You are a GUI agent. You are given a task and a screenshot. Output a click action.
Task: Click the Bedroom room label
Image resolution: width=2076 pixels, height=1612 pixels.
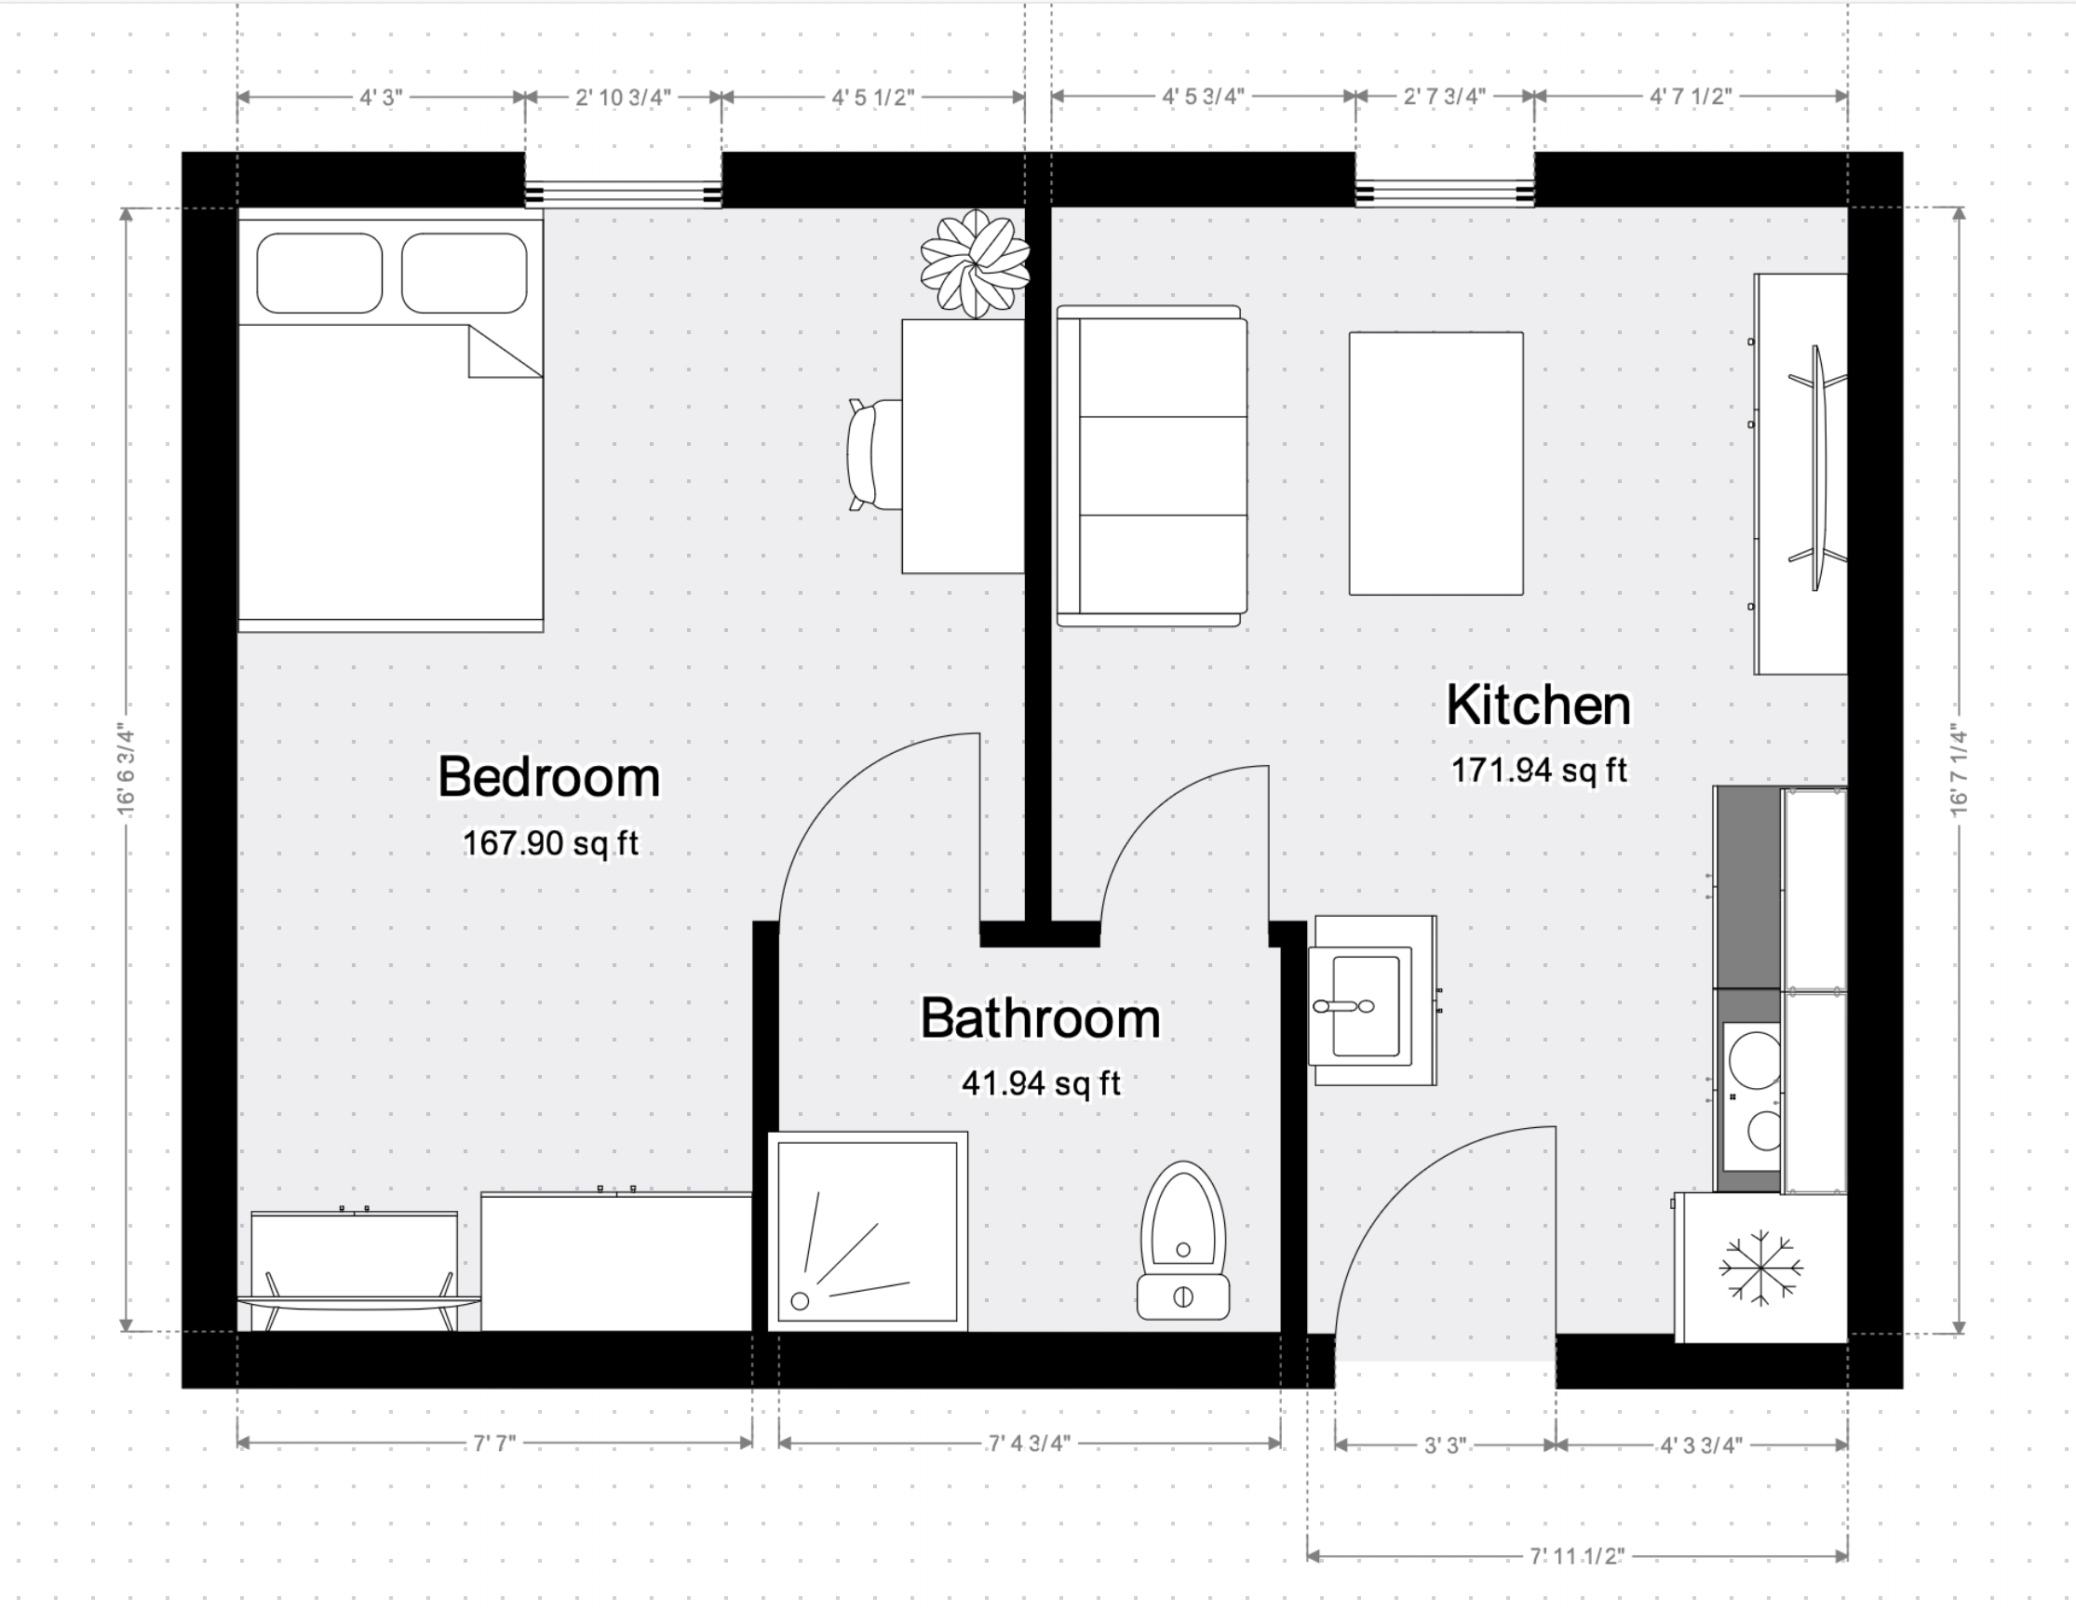click(548, 777)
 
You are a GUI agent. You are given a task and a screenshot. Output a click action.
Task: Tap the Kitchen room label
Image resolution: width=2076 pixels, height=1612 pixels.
click(1538, 705)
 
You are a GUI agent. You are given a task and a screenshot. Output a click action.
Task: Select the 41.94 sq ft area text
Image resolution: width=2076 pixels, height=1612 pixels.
click(1041, 1082)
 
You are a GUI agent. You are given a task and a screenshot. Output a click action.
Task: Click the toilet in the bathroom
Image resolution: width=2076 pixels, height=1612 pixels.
click(1183, 1241)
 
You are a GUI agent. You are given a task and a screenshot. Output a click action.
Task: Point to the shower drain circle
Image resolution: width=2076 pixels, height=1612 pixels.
click(801, 1301)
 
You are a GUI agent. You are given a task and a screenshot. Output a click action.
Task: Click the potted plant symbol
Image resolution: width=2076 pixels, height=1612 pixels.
click(975, 263)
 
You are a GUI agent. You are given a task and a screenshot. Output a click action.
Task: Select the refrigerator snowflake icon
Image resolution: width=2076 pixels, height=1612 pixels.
click(1760, 1268)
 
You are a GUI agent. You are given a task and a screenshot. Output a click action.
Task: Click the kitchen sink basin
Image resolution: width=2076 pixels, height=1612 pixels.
click(1366, 1005)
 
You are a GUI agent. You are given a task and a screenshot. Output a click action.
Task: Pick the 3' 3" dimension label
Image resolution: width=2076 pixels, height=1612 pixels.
click(1445, 1445)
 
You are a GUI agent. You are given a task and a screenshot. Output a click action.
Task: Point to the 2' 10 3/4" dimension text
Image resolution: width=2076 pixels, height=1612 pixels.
click(624, 97)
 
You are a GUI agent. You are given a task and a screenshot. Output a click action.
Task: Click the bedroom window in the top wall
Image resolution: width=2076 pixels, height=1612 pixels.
click(624, 195)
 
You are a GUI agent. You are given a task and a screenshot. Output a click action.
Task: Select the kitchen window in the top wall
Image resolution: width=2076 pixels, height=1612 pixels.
click(1445, 195)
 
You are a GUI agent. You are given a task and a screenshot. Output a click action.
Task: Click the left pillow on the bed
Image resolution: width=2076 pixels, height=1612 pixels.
click(319, 273)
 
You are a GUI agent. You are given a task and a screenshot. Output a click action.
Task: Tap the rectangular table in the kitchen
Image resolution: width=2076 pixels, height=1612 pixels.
click(1436, 463)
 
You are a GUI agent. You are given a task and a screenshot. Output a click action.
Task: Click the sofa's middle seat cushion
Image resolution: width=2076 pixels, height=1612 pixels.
click(1164, 465)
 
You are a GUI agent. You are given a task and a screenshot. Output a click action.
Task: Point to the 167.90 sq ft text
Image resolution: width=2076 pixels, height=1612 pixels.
click(550, 843)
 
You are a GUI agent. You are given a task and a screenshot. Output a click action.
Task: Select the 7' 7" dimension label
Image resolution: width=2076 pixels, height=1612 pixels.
click(494, 1444)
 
